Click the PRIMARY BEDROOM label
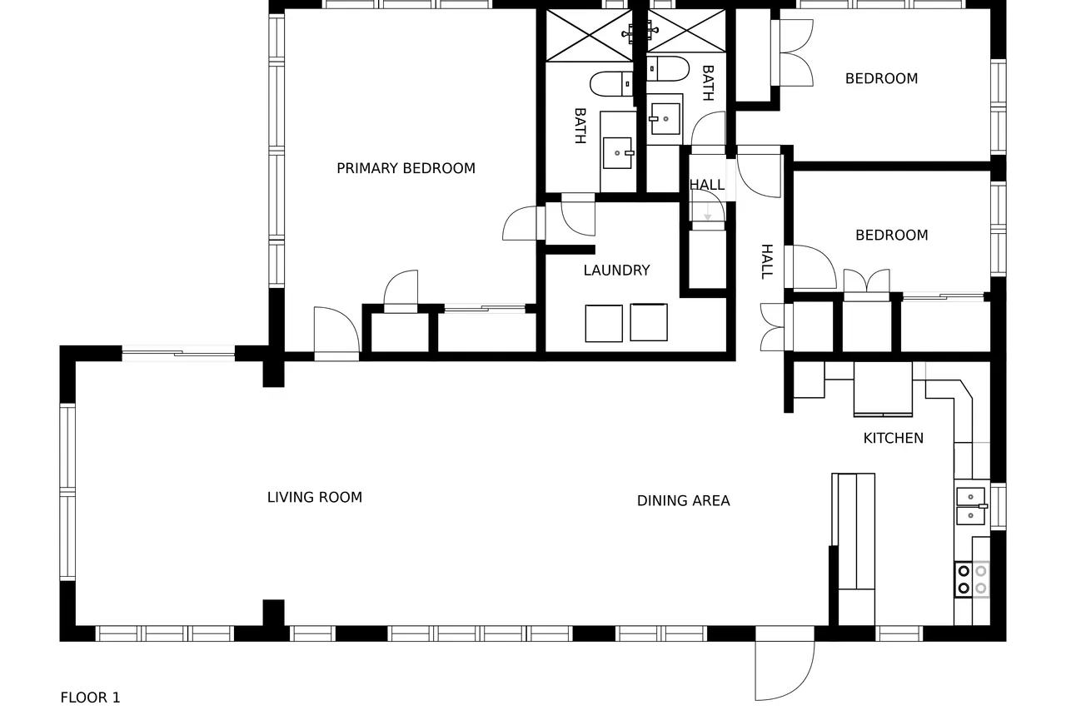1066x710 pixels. [406, 168]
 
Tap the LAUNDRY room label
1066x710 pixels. [617, 271]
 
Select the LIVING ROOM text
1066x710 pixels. [315, 498]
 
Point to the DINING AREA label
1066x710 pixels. [684, 501]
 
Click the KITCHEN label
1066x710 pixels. [894, 438]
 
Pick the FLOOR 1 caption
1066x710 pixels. [91, 698]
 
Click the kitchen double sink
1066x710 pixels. [971, 506]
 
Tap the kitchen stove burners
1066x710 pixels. [972, 579]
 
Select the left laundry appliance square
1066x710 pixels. [604, 324]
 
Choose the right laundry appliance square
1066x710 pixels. [649, 322]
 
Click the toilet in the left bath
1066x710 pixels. [611, 84]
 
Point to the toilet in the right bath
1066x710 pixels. [668, 69]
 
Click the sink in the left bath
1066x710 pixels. [618, 153]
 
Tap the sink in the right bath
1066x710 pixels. [665, 118]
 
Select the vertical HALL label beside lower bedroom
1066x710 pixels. [767, 261]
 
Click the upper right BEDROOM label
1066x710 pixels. [881, 78]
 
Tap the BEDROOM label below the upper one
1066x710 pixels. [892, 235]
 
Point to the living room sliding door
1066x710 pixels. [178, 354]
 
